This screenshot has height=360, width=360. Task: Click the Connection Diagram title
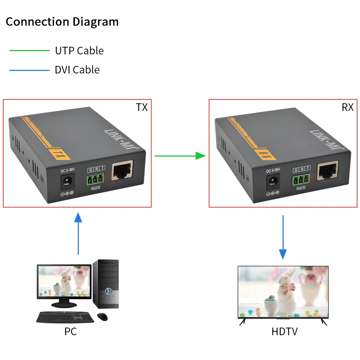(x=62, y=22)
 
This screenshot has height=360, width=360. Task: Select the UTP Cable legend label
(x=79, y=51)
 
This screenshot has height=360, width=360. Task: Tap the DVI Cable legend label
(x=77, y=69)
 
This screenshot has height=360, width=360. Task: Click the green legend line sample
(x=29, y=51)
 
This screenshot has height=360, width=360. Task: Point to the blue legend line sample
(x=29, y=70)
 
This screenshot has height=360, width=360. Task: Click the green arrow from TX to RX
(x=180, y=156)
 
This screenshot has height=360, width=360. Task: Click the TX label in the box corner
(x=141, y=107)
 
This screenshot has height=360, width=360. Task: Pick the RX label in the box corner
(x=347, y=107)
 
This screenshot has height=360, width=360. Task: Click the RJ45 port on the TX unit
(x=123, y=170)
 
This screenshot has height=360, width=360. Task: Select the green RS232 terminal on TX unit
(x=95, y=179)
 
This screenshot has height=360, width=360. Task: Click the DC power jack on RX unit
(x=273, y=182)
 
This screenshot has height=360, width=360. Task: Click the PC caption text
(x=71, y=331)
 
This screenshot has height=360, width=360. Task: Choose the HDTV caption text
(x=284, y=331)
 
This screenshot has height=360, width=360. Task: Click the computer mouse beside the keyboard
(x=102, y=317)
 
